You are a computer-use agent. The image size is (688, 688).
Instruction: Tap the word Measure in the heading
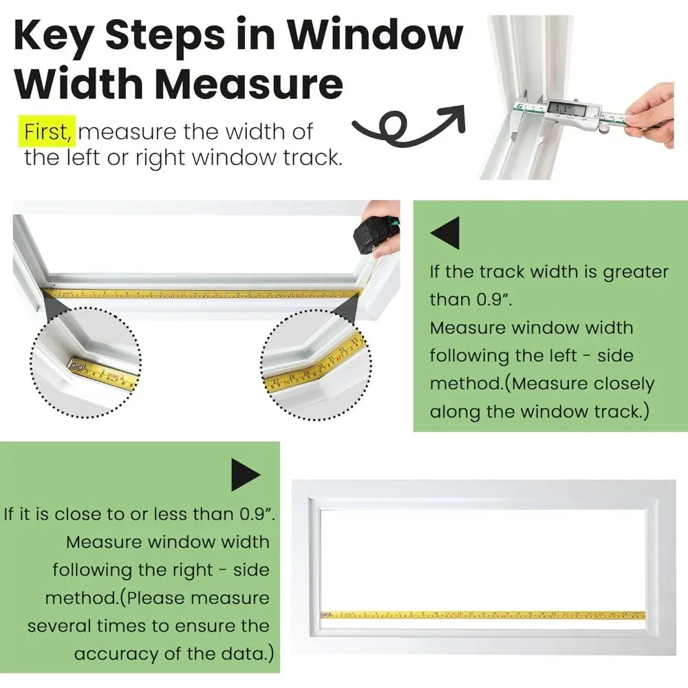(248, 84)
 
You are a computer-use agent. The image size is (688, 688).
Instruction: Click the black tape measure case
(372, 237)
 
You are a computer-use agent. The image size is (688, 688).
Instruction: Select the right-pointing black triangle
(245, 474)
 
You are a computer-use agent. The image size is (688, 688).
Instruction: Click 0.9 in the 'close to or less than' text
(255, 514)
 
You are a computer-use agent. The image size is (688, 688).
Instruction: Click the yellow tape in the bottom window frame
(482, 614)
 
